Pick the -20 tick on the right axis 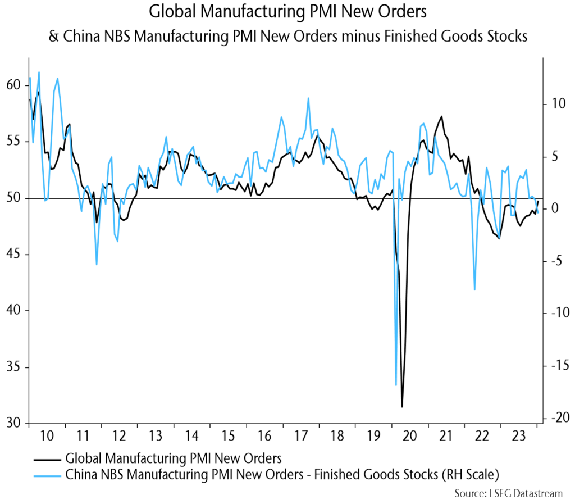(x=554, y=418)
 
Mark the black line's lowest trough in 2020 (x=402, y=406)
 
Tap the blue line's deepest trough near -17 (x=396, y=385)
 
